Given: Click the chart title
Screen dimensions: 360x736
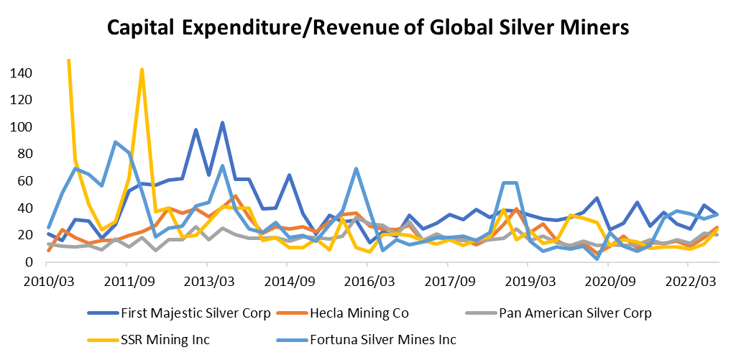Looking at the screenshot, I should pyautogui.click(x=368, y=28).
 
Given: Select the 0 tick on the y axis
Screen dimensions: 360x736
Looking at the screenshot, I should pyautogui.click(x=29, y=262).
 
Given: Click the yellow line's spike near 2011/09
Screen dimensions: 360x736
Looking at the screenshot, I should pyautogui.click(x=142, y=70).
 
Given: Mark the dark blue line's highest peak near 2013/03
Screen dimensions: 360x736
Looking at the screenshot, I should pyautogui.click(x=222, y=123).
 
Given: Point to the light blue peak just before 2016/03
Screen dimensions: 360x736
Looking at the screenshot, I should pyautogui.click(x=356, y=169).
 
